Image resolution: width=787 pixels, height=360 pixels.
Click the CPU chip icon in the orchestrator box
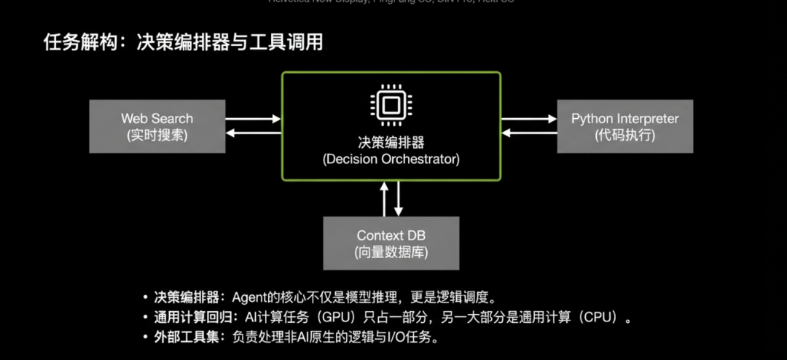point(391,106)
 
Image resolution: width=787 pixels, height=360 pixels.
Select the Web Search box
point(157,126)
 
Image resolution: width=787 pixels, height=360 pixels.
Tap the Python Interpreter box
point(624,126)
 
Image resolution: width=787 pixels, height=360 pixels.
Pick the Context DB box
point(391,243)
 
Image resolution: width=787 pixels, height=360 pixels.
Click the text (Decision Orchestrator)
point(391,158)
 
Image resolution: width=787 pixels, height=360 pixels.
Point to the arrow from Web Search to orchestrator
point(253,119)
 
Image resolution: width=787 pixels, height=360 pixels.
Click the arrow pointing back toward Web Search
point(253,133)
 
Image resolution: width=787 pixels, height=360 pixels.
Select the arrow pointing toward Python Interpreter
point(529,119)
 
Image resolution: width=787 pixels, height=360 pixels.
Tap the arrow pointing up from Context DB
point(385,199)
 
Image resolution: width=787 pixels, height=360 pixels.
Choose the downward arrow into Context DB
point(399,199)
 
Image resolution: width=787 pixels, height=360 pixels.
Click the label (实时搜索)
point(157,135)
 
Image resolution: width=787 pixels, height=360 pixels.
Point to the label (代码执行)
point(624,135)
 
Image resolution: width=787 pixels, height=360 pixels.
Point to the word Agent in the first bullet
point(248,297)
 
